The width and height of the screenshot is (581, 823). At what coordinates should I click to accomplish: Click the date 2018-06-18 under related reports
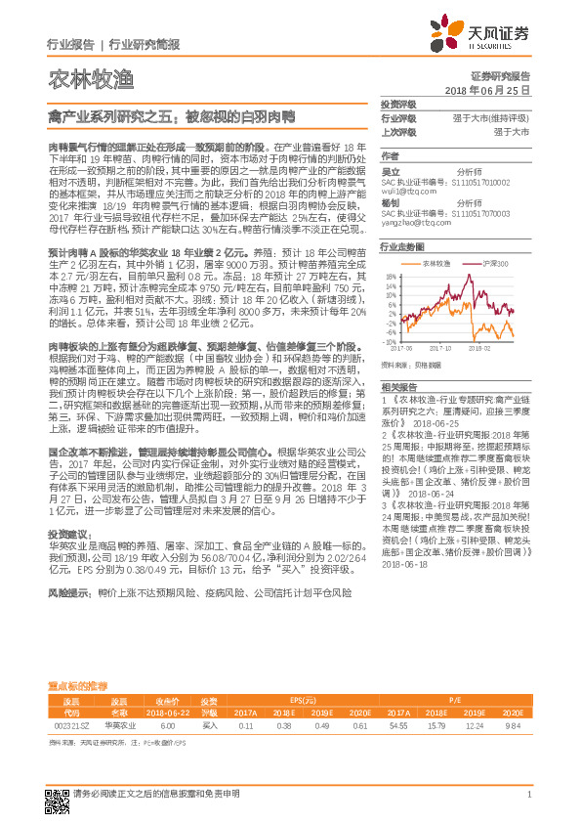click(404, 564)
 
